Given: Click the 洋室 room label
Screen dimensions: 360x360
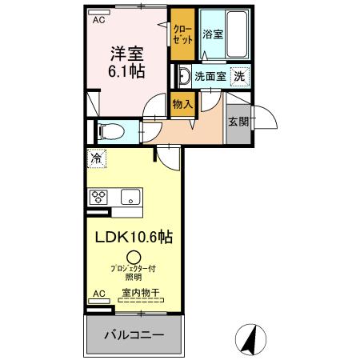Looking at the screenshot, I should tap(127, 55).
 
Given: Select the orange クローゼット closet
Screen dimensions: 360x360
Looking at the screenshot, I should tap(182, 34).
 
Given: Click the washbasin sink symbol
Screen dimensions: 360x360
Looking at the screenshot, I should tap(183, 77).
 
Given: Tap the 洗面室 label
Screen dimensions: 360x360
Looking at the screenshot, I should tap(210, 77).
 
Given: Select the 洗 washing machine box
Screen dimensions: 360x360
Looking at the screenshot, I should tap(238, 77).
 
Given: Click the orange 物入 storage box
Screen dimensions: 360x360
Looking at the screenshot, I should tap(182, 103).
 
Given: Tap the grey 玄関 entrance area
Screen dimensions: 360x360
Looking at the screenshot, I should tap(238, 122).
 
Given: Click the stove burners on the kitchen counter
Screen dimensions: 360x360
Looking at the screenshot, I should tap(99, 196).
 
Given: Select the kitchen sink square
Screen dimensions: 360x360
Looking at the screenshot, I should tap(128, 196).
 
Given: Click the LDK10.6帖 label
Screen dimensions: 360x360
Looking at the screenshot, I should tap(134, 238).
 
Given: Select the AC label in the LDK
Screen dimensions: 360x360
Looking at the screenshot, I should tap(98, 294).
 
